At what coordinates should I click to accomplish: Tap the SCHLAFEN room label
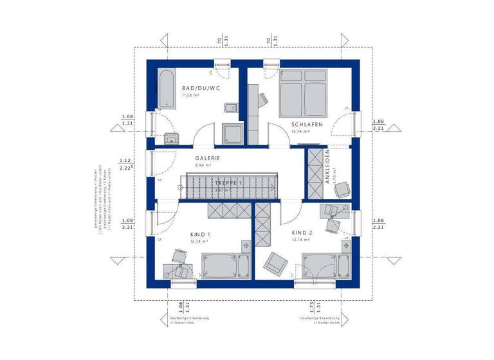[307, 124]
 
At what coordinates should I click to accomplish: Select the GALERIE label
[208, 158]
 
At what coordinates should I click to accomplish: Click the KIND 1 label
[200, 235]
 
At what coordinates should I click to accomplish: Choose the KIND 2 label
[302, 232]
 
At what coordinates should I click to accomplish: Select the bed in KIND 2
[326, 264]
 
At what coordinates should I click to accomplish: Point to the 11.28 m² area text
[192, 95]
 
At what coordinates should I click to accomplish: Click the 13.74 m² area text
[300, 131]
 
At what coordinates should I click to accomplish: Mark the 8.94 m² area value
[204, 165]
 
